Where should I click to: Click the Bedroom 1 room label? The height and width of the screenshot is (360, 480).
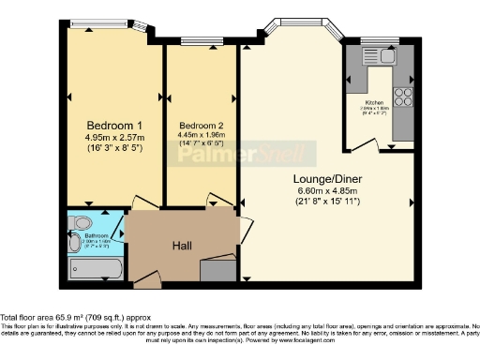(x=114, y=126)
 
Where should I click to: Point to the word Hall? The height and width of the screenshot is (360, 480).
(x=183, y=245)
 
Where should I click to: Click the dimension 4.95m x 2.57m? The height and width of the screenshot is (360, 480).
(x=114, y=138)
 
